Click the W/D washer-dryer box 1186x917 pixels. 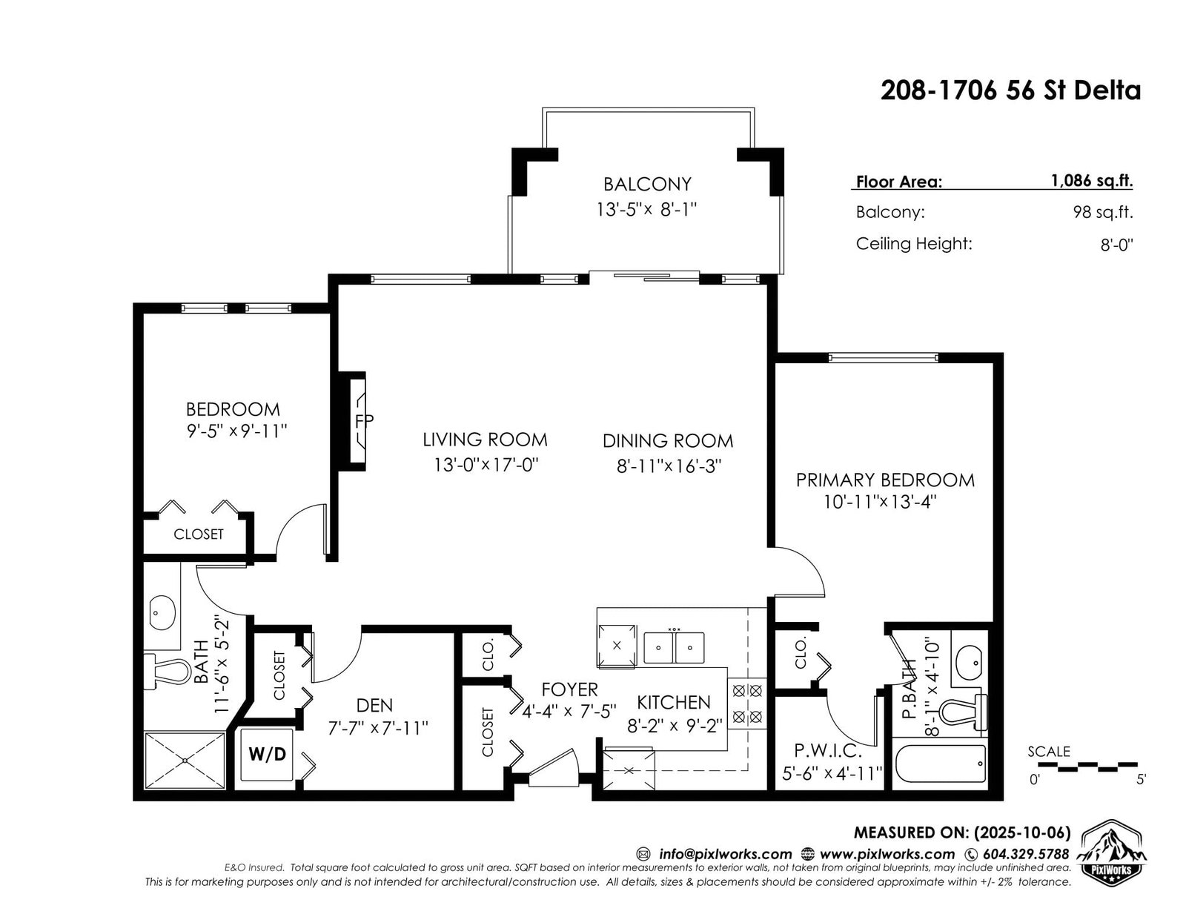click(x=267, y=755)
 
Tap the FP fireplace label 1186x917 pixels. click(x=364, y=421)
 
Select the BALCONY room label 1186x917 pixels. click(x=647, y=184)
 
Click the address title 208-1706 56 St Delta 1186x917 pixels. click(x=1010, y=90)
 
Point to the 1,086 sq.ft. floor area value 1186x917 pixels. click(x=1092, y=181)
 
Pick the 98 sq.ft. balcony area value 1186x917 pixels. click(x=1103, y=212)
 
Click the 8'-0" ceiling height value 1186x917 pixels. click(x=1116, y=245)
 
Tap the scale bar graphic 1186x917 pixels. click(x=1090, y=767)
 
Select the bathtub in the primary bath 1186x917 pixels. click(x=941, y=764)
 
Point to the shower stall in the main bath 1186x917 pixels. click(x=185, y=761)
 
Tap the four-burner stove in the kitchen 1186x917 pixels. click(x=747, y=704)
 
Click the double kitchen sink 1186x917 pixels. click(x=674, y=647)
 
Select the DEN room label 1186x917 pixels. click(x=374, y=705)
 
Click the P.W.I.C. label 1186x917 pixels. click(x=828, y=752)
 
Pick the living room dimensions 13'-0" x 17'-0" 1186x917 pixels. click(x=486, y=465)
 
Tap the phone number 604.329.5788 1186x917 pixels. click(x=1026, y=854)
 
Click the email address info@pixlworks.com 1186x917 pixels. click(x=726, y=854)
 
